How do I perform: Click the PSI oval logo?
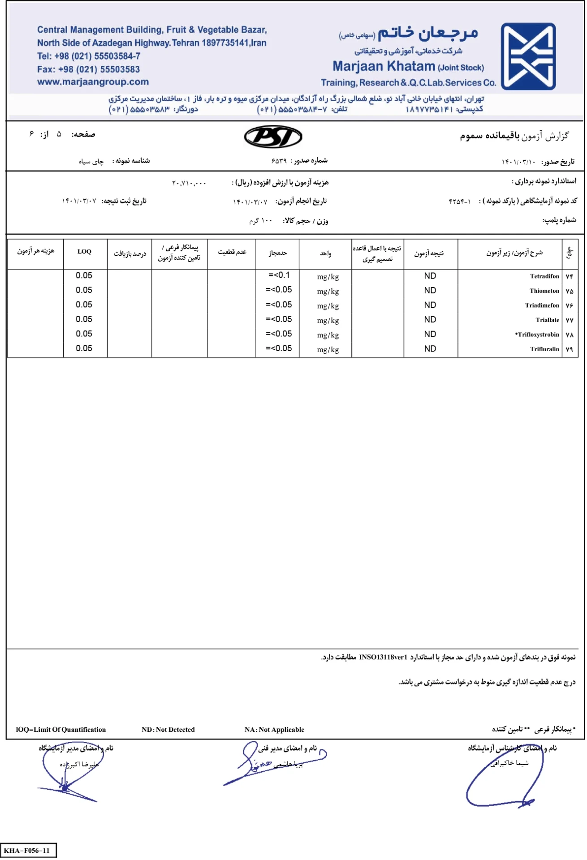pos(273,137)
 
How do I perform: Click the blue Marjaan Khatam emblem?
pos(528,56)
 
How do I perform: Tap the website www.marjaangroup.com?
pos(93,82)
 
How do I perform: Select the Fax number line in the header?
pos(88,69)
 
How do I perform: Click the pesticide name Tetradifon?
pos(544,276)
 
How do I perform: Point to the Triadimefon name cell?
pos(542,305)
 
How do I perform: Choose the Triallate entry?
pos(547,320)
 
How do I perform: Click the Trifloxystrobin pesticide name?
pos(537,335)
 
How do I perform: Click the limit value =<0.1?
pos(279,275)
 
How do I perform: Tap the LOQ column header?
pos(84,252)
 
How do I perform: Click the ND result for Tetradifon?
pos(430,276)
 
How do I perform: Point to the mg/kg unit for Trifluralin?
pos(328,350)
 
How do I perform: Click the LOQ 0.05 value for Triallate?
pos(84,319)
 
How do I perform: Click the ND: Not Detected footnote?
pos(168,730)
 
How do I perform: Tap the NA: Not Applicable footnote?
pos(274,730)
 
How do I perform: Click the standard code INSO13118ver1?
pos(383,657)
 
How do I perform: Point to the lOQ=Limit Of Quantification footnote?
pos(61,730)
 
